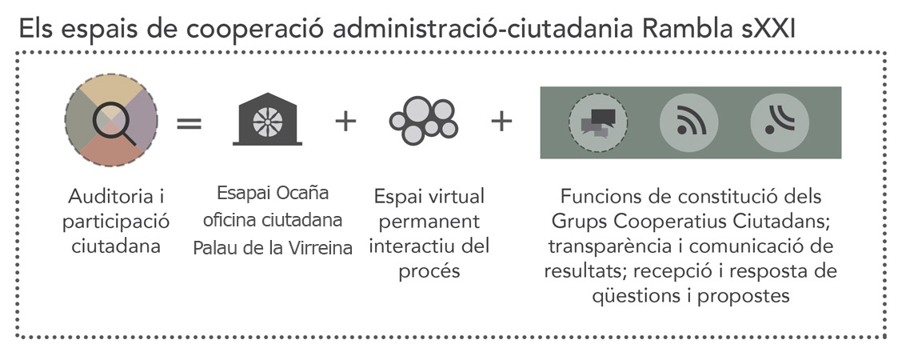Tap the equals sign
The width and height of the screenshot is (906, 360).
pyautogui.click(x=189, y=123)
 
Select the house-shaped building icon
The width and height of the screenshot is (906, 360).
pyautogui.click(x=268, y=118)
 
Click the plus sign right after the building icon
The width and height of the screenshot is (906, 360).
pyautogui.click(x=345, y=122)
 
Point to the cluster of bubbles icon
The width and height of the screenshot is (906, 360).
pyautogui.click(x=424, y=120)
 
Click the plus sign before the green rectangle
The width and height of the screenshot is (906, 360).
pyautogui.click(x=501, y=122)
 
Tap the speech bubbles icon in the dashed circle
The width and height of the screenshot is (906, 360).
pyautogui.click(x=598, y=122)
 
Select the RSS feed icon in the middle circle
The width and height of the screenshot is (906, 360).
pyautogui.click(x=688, y=122)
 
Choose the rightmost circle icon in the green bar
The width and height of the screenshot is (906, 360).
pyautogui.click(x=780, y=122)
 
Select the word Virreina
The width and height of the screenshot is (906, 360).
pyautogui.click(x=321, y=248)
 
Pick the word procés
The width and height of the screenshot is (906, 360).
pyautogui.click(x=429, y=271)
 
